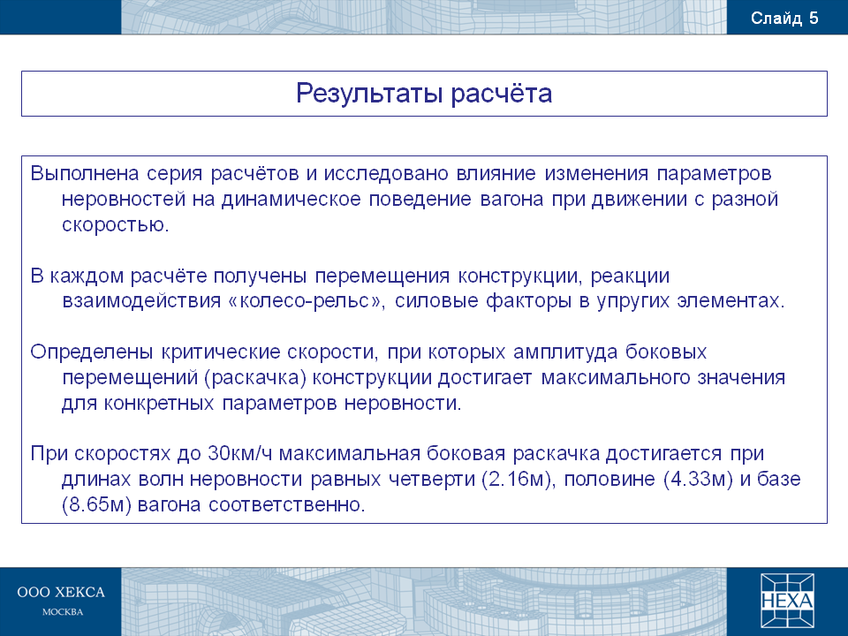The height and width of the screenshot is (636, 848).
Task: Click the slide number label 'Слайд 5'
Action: pyautogui.click(x=784, y=19)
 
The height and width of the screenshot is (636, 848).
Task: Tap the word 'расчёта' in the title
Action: pyautogui.click(x=502, y=93)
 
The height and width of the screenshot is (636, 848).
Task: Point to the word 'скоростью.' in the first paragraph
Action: pyautogui.click(x=116, y=224)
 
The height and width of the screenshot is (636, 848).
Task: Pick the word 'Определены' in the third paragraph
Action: pyautogui.click(x=92, y=352)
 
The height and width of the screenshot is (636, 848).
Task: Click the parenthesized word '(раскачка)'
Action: pyautogui.click(x=256, y=377)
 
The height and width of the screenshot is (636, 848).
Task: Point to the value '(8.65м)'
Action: pyautogui.click(x=97, y=504)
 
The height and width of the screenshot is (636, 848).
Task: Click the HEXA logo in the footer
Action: pyautogui.click(x=787, y=601)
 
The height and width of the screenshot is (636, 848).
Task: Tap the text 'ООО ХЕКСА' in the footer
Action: pyautogui.click(x=61, y=592)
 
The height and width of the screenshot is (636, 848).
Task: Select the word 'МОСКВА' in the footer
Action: pyautogui.click(x=63, y=612)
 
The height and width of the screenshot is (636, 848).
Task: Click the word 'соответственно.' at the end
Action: pyautogui.click(x=287, y=504)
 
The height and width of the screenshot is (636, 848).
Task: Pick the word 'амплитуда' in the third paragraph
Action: pyautogui.click(x=565, y=352)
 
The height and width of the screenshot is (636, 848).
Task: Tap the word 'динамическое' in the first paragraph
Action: pyautogui.click(x=291, y=200)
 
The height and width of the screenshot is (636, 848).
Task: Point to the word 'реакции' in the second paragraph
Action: pyautogui.click(x=630, y=276)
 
